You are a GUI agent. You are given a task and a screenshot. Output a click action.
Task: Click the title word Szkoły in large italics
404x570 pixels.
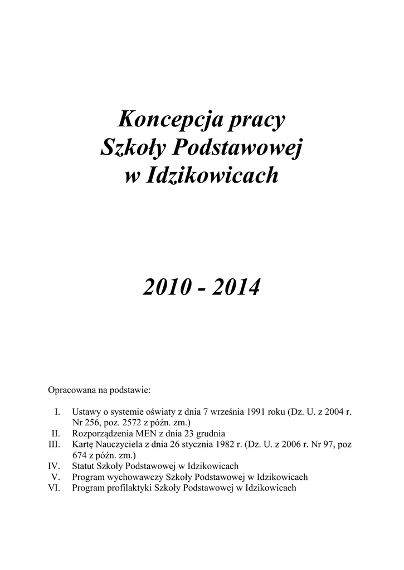point(133,148)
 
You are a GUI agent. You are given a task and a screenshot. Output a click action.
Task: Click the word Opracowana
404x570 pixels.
point(74,390)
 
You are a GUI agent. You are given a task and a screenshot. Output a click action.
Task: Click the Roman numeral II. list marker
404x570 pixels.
point(56,433)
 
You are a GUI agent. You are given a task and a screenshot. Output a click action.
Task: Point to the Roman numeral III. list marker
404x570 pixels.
point(55,444)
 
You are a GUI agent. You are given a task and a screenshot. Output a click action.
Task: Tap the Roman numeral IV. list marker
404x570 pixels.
point(55,466)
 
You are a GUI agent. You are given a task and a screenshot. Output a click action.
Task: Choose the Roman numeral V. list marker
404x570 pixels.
point(56,477)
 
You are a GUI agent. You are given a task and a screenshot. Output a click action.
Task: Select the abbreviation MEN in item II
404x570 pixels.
point(149,433)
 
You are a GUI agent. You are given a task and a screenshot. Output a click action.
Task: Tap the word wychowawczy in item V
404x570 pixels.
point(138,477)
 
